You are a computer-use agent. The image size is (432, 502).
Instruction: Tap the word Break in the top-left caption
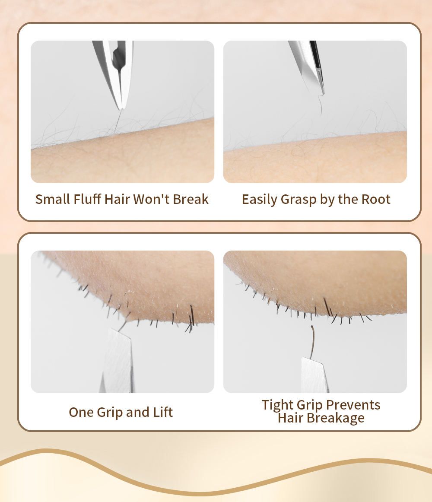(x=191, y=199)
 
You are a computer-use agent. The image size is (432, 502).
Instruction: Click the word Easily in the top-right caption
(x=259, y=199)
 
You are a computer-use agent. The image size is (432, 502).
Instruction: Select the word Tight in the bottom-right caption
(x=277, y=405)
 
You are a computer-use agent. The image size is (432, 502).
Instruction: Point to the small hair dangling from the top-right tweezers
(x=320, y=106)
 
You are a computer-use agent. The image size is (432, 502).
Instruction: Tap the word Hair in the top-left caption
(x=118, y=199)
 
